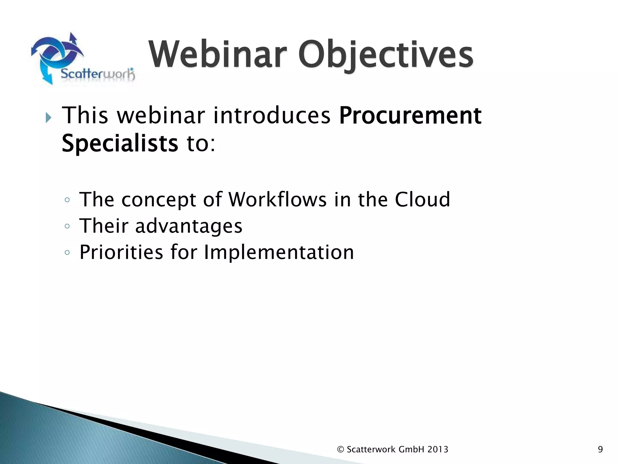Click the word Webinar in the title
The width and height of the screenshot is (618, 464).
pos(217,55)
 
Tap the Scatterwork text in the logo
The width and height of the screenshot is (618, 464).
pos(97,74)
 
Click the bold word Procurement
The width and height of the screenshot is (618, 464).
pos(410,116)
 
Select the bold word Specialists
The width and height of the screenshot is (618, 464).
pos(120,143)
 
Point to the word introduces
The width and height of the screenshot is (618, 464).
pos(272,116)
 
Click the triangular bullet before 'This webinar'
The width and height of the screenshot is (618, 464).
pos(48,118)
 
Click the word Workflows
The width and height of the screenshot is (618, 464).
pos(277,200)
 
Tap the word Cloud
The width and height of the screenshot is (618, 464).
pos(422,200)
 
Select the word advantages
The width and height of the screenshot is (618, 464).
pos(189,226)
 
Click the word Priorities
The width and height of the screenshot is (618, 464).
pos(121,252)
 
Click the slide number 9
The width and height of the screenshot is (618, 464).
pos(600,449)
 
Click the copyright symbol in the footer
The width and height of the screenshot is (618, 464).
pos(341,449)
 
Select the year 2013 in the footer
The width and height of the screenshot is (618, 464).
pos(438,449)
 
